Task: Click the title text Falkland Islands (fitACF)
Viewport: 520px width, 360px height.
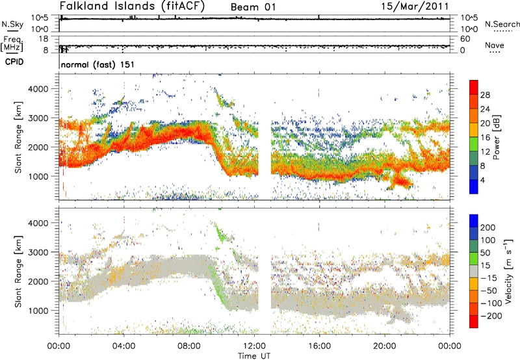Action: (x=133, y=6)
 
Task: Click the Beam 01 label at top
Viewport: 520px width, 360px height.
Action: (x=253, y=7)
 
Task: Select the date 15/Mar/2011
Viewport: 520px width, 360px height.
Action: (x=415, y=6)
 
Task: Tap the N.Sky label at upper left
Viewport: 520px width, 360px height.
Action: (x=12, y=24)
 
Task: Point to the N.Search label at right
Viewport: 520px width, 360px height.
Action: (x=502, y=24)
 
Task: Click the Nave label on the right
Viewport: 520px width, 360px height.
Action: (x=495, y=45)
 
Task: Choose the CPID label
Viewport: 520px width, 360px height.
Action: (x=14, y=62)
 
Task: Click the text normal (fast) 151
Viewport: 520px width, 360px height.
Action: (x=98, y=64)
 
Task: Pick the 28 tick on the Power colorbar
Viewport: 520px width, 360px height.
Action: (x=485, y=96)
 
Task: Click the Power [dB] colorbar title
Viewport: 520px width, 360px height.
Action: (x=497, y=137)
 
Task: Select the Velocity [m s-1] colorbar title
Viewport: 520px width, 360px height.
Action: (x=508, y=271)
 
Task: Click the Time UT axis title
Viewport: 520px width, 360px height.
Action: (x=254, y=356)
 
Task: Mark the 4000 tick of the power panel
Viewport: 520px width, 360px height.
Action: (x=39, y=89)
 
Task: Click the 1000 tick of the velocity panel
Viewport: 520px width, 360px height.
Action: (x=39, y=311)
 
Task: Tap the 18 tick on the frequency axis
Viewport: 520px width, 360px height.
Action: (x=44, y=39)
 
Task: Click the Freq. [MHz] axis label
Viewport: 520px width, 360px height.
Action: (x=12, y=44)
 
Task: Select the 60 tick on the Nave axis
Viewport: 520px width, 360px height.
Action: (x=465, y=39)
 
